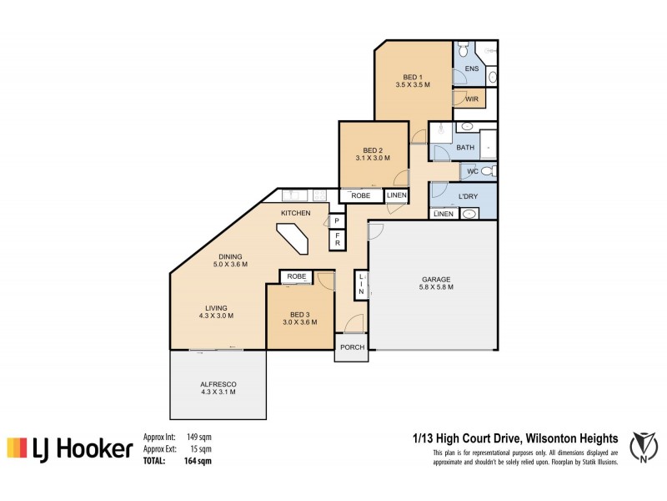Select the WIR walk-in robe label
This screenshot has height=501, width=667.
pyautogui.click(x=471, y=99)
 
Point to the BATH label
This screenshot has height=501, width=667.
pyautogui.click(x=465, y=148)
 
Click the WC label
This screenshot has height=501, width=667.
pyautogui.click(x=472, y=171)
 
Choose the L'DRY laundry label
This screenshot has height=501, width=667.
pyautogui.click(x=469, y=197)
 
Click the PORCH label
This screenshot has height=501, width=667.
pyautogui.click(x=351, y=347)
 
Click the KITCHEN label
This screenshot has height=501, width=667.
pyautogui.click(x=295, y=214)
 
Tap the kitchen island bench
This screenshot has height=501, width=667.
pyautogui.click(x=295, y=245)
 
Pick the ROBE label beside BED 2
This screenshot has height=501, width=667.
pyautogui.click(x=360, y=195)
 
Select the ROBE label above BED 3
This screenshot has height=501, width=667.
pyautogui.click(x=296, y=276)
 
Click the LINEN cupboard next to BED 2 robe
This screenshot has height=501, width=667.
pyautogui.click(x=397, y=195)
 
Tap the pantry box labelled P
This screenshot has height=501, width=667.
pyautogui.click(x=337, y=221)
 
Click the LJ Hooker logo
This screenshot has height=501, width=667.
pyautogui.click(x=70, y=449)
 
